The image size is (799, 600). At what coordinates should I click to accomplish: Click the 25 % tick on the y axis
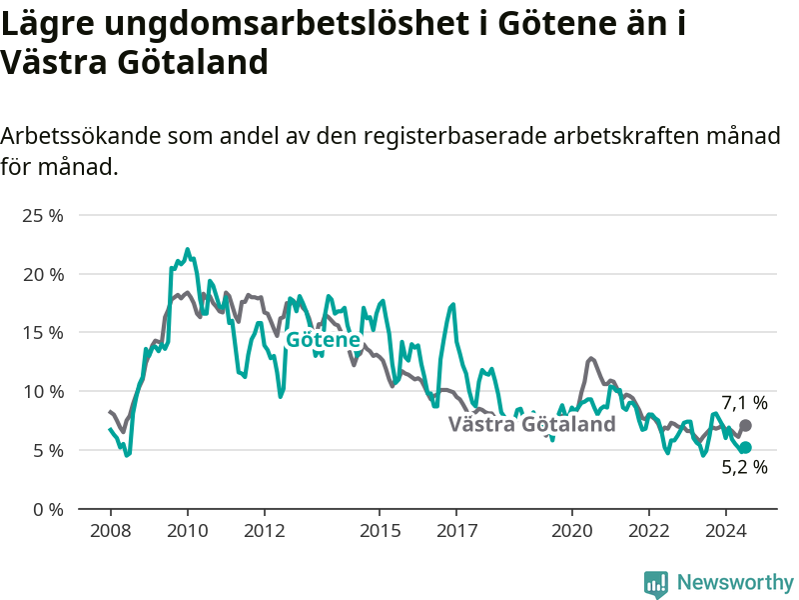point(43,216)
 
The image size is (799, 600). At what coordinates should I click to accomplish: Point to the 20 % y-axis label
point(43,275)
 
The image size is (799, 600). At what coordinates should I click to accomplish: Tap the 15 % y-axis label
point(43,333)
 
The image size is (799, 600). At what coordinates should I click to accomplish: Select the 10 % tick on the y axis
point(43,392)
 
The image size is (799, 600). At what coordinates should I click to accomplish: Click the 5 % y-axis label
point(48,451)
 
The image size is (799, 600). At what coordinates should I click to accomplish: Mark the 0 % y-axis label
point(48,509)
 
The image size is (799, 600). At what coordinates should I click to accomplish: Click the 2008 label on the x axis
point(111,531)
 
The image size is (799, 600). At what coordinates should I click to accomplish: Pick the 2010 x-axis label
point(188,531)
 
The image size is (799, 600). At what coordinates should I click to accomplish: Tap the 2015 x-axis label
point(380,531)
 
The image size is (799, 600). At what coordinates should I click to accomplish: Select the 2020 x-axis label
point(571,531)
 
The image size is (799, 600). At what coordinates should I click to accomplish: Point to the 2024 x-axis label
point(726,531)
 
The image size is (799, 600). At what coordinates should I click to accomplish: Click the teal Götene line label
point(323,339)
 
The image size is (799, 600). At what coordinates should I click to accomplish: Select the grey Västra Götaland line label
point(532,424)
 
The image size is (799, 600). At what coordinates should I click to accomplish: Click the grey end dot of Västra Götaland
point(745,426)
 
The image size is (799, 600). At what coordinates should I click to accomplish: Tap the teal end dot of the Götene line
point(745,447)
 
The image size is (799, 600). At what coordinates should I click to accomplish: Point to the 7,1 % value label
point(744,403)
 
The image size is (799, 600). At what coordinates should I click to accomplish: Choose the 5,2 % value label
point(744,467)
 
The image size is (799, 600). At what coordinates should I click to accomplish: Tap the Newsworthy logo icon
point(656,584)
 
